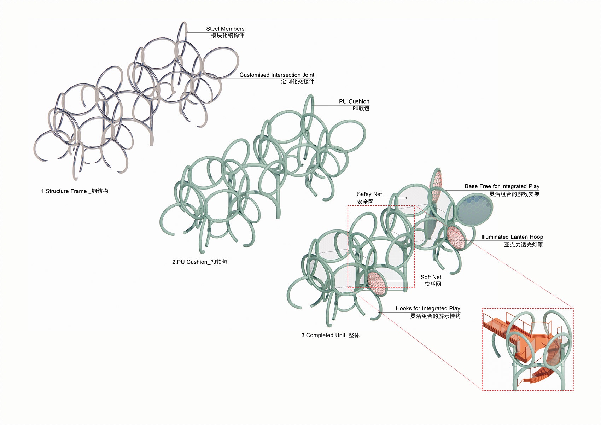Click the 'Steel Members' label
(225, 29)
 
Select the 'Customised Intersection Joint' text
(277, 75)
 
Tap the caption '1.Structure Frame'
(64, 191)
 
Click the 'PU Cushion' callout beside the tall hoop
(354, 101)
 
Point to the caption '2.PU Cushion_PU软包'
(200, 262)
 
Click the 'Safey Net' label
(369, 194)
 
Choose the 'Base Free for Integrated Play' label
(502, 186)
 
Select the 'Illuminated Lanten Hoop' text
(512, 237)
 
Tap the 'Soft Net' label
(431, 277)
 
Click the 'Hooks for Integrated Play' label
(428, 308)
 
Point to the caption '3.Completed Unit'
(330, 336)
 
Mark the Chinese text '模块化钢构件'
(228, 35)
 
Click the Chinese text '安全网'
(365, 202)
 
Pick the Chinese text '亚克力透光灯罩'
(524, 244)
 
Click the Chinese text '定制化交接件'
(297, 82)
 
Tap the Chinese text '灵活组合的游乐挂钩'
(435, 316)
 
